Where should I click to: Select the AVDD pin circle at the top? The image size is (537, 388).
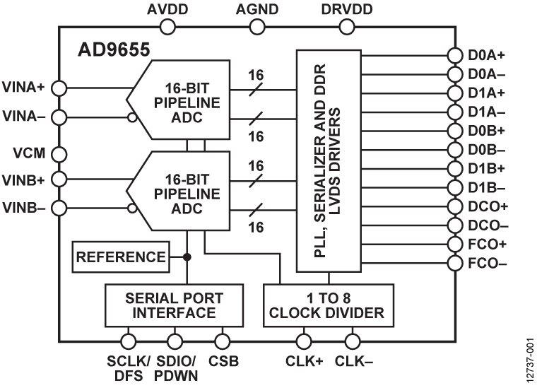(167, 27)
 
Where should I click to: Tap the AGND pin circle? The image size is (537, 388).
(258, 27)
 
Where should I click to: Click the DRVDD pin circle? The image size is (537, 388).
(348, 27)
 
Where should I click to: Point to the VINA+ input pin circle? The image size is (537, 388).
(59, 87)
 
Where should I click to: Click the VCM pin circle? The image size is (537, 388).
(59, 153)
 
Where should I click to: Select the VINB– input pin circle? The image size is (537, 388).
(59, 208)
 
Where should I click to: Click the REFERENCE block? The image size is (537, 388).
(121, 257)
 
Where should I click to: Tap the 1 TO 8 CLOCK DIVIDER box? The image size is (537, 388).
(328, 305)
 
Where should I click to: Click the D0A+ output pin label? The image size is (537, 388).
(486, 54)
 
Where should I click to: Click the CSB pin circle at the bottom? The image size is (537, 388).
(223, 341)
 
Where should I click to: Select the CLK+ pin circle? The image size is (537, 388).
(305, 341)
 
